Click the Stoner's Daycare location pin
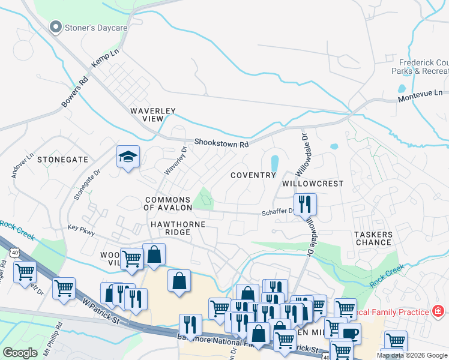point(56,27)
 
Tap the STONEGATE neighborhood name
point(62,160)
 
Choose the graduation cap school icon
point(128,157)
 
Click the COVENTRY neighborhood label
point(253,175)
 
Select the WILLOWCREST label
point(313,183)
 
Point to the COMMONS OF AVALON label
point(167,203)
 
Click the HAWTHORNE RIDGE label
point(178,228)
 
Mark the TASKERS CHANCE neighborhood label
point(373,238)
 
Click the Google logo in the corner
point(20,353)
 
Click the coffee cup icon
point(349,334)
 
